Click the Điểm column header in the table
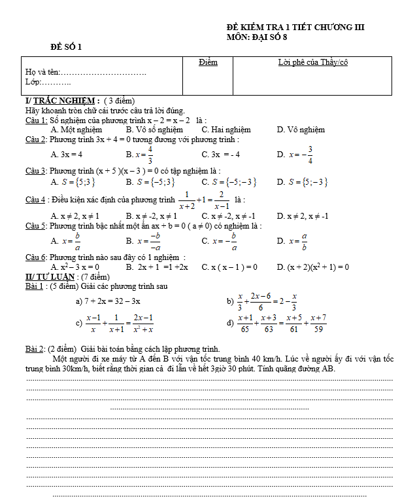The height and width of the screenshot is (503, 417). coord(208,62)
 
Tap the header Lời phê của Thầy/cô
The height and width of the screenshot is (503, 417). coord(312,62)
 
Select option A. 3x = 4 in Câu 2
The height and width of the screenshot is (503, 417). coord(67,155)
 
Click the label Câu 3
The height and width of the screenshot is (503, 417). coord(35,171)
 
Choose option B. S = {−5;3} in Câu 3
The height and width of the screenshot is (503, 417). coord(151,182)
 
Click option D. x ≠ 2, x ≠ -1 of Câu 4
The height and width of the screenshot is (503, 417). coord(303,215)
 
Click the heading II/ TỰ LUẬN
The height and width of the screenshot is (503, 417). coord(50,277)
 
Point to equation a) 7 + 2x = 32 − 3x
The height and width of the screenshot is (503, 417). coord(108,301)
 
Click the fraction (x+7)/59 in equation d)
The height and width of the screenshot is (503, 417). coord(318,323)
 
